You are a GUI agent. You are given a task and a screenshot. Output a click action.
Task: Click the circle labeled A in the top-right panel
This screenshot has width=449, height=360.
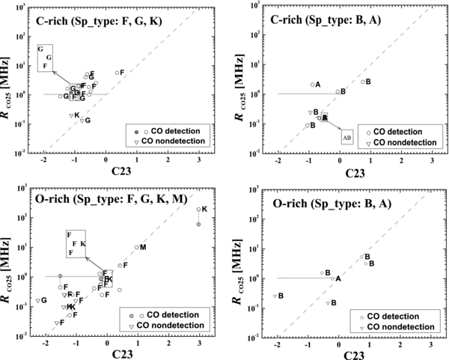tap(312, 85)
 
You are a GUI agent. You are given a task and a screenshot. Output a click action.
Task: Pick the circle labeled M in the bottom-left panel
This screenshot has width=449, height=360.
tap(136, 248)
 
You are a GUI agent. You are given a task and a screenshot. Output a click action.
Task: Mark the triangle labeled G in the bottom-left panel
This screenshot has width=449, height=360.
tap(37, 300)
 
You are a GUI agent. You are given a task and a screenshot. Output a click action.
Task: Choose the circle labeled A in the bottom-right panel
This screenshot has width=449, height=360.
tap(332, 278)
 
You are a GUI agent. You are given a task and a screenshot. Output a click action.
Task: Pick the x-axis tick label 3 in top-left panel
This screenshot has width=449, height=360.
tap(199, 161)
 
